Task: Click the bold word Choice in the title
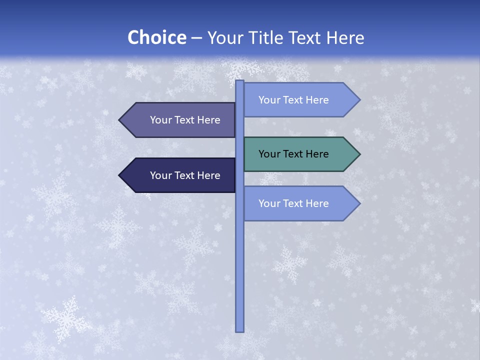pyautogui.click(x=156, y=37)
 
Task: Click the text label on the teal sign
pyautogui.click(x=293, y=154)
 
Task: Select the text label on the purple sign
pyautogui.click(x=185, y=120)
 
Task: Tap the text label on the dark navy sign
pyautogui.click(x=185, y=175)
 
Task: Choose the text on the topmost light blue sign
pyautogui.click(x=293, y=100)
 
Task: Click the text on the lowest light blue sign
pyautogui.click(x=293, y=203)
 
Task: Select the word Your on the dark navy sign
pyautogui.click(x=160, y=175)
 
